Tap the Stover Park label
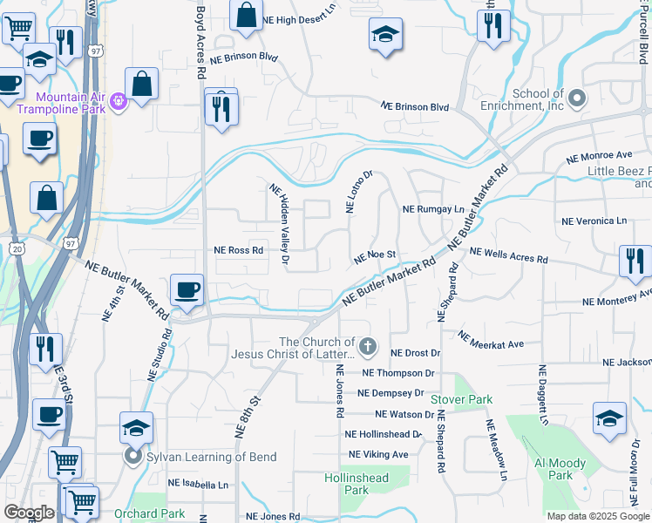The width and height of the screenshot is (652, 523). point(461,399)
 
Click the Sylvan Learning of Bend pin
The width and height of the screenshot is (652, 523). point(133,456)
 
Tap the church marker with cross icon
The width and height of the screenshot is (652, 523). point(368,348)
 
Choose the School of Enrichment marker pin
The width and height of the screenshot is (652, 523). point(577,99)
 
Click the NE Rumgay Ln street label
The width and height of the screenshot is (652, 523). point(433,210)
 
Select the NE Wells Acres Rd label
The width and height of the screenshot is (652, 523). point(508,255)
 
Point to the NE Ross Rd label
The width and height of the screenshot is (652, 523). point(239,250)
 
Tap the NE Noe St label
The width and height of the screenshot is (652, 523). point(375,255)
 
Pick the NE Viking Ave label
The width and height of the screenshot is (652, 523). point(378,454)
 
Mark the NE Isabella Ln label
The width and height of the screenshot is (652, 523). point(198,483)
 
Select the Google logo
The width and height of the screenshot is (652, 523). point(29,513)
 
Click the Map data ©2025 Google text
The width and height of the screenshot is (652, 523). point(597,516)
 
